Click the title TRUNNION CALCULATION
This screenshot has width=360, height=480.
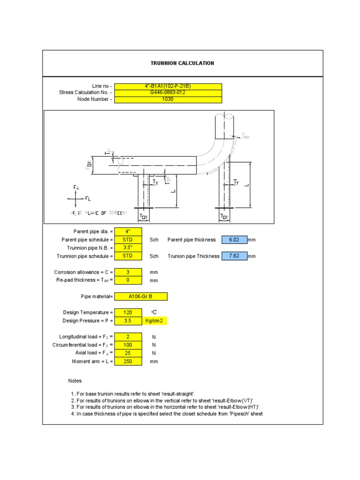pos(182,63)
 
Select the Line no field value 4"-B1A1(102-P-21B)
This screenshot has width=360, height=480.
pos(168,86)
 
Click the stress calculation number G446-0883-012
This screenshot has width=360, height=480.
pos(168,93)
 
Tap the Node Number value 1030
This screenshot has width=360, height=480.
pos(168,99)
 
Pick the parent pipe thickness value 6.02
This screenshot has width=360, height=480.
pos(234,240)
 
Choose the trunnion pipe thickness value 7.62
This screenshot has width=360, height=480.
pos(234,256)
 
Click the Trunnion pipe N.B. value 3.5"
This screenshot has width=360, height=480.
pos(128,248)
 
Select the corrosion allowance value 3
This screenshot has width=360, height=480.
pos(128,272)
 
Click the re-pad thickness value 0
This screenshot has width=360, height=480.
pos(128,280)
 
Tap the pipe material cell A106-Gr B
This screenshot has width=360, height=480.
pos(141,297)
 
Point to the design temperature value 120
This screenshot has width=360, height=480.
pos(128,313)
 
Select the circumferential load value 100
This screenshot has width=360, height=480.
pos(128,345)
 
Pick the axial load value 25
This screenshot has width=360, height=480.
pos(128,353)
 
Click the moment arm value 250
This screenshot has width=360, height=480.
pos(128,361)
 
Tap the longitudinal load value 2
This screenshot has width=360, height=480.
pos(128,337)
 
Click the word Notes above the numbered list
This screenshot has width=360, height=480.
pos(75,381)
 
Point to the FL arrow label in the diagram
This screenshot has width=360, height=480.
pos(88,199)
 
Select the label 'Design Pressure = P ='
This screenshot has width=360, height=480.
pos(88,321)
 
